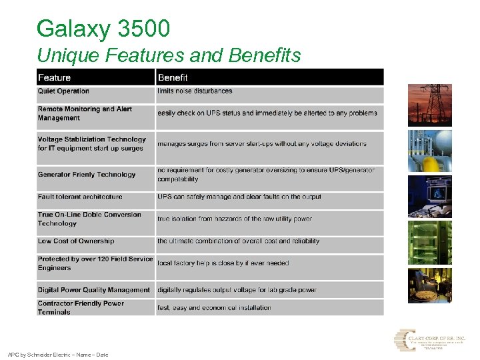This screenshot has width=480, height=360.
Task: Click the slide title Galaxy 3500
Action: pyautogui.click(x=103, y=29)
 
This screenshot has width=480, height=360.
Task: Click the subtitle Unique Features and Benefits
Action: pyautogui.click(x=169, y=55)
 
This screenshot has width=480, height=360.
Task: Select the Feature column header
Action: pyautogui.click(x=54, y=77)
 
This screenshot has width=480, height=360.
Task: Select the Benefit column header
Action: pyautogui.click(x=173, y=77)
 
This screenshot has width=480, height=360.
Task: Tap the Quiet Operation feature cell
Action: pyautogui.click(x=63, y=91)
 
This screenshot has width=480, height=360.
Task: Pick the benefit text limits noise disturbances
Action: pyautogui.click(x=195, y=91)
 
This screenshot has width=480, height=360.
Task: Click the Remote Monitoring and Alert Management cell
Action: pyautogui.click(x=85, y=113)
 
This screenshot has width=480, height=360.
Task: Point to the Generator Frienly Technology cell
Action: pyautogui.click(x=87, y=175)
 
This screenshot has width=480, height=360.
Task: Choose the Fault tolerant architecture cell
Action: pyautogui.click(x=80, y=197)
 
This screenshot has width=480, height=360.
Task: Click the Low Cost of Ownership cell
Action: pyautogui.click(x=76, y=241)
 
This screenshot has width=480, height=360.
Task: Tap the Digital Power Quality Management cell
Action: pyautogui.click(x=94, y=290)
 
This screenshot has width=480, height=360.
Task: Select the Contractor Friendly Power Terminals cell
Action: pyautogui.click(x=81, y=307)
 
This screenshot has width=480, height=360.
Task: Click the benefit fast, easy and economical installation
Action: pyautogui.click(x=214, y=308)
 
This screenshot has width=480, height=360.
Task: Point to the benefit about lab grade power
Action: pyautogui.click(x=237, y=290)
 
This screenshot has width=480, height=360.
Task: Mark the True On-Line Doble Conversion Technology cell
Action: pyautogui.click(x=89, y=219)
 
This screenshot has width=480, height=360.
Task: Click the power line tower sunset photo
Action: pyautogui.click(x=429, y=105)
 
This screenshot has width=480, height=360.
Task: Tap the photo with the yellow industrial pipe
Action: pyautogui.click(x=429, y=151)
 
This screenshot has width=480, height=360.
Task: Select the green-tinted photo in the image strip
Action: pyautogui.click(x=429, y=243)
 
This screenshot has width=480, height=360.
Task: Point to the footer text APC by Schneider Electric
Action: pyautogui.click(x=57, y=355)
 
